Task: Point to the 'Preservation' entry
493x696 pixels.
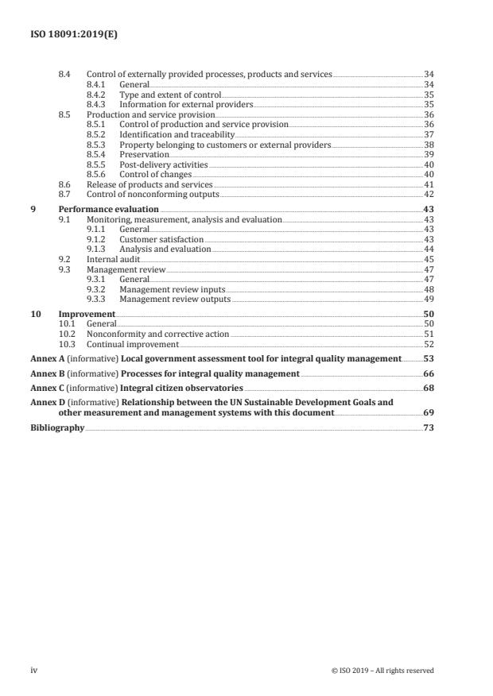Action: (144, 155)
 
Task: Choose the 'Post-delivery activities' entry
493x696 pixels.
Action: (164, 164)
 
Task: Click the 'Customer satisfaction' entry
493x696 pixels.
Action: (161, 239)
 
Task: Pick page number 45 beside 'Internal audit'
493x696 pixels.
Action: (429, 259)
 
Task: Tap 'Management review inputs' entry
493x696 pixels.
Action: (172, 289)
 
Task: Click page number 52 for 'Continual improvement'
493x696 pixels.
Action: (429, 345)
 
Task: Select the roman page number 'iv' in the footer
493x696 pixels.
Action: (33, 670)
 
